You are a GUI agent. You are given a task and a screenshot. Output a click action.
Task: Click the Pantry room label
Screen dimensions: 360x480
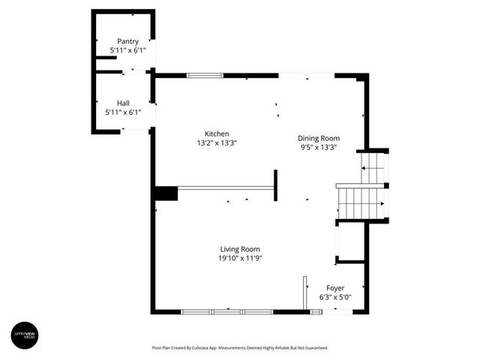(x=127, y=40)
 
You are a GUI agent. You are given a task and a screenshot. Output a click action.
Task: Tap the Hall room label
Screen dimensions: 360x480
(x=123, y=103)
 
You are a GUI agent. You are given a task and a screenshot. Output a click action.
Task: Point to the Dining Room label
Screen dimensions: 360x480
(x=319, y=138)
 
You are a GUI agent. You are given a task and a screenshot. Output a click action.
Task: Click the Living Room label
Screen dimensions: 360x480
(x=240, y=249)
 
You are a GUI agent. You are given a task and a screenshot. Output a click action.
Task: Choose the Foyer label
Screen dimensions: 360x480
(x=335, y=288)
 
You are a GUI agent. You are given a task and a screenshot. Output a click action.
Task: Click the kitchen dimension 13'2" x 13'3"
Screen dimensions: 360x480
(x=217, y=142)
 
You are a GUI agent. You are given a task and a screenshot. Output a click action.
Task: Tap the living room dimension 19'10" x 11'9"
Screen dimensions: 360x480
(x=240, y=258)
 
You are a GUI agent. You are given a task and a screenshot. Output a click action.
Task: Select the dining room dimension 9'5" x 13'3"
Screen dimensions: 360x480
(x=319, y=147)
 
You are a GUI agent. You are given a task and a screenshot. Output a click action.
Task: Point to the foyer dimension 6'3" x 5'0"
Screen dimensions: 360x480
(x=335, y=297)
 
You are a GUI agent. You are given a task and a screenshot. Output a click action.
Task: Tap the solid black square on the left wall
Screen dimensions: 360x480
(x=165, y=193)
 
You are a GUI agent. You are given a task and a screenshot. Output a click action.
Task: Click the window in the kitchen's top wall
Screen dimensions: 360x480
(x=205, y=76)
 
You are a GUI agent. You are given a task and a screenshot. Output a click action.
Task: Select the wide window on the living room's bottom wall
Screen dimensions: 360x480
(x=227, y=311)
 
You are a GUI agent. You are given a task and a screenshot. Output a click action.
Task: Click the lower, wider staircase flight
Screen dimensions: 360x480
(x=360, y=203)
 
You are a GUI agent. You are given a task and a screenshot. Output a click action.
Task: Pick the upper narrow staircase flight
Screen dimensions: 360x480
(x=372, y=167)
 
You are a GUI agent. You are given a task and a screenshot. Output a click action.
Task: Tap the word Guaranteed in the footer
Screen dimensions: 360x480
(x=314, y=348)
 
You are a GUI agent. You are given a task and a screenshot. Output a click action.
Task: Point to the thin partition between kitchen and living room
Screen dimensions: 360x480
(x=225, y=188)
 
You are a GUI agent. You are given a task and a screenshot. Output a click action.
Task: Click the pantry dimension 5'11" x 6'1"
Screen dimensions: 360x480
(x=127, y=49)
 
